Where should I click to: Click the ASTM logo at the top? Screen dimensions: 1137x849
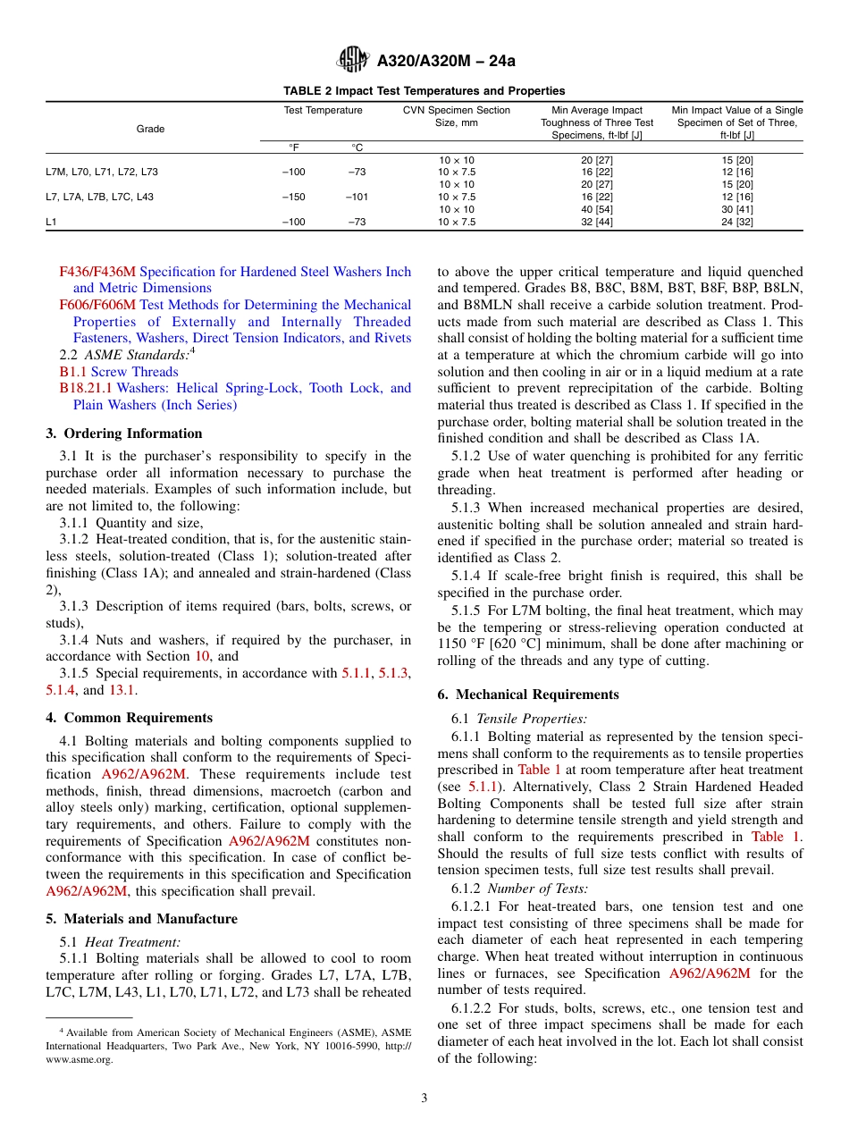[354, 61]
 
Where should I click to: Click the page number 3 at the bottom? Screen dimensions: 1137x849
[424, 1098]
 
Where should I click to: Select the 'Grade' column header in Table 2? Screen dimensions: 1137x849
[150, 129]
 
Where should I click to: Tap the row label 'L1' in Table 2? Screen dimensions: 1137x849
[51, 222]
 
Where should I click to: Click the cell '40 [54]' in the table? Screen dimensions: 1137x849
[596, 209]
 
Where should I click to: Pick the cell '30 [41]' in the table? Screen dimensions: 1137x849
[737, 209]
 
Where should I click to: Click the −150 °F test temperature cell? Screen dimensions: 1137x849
[293, 197]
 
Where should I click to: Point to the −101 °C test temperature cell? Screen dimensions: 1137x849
[357, 197]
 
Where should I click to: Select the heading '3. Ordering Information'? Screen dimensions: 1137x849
[124, 434]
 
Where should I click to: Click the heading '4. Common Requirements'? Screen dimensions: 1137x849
[129, 718]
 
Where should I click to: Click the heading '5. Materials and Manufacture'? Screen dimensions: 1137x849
[141, 919]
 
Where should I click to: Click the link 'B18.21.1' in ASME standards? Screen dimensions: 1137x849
[87, 388]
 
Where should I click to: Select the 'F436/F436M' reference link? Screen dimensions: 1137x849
[97, 271]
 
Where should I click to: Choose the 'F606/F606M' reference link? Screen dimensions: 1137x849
[97, 305]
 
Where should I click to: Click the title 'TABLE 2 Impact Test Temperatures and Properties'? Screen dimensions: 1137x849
[424, 90]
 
